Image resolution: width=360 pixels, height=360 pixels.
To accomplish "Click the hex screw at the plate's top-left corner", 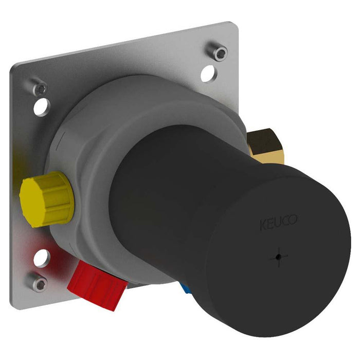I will click(x=39, y=88).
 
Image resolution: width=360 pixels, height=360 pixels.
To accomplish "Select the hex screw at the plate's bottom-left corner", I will click(x=39, y=281).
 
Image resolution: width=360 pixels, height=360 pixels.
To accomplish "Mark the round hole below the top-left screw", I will click(x=41, y=109).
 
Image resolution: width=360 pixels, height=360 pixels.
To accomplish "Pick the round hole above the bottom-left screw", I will click(x=43, y=258).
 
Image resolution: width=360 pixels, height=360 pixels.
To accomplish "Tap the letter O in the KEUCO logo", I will click(x=293, y=222).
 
